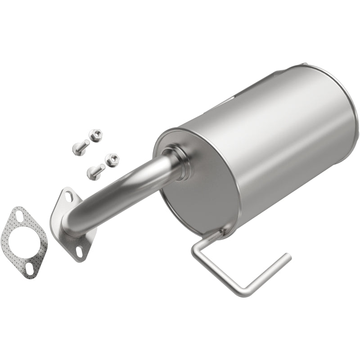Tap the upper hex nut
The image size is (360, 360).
[96, 134]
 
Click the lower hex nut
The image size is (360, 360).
[111, 159]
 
